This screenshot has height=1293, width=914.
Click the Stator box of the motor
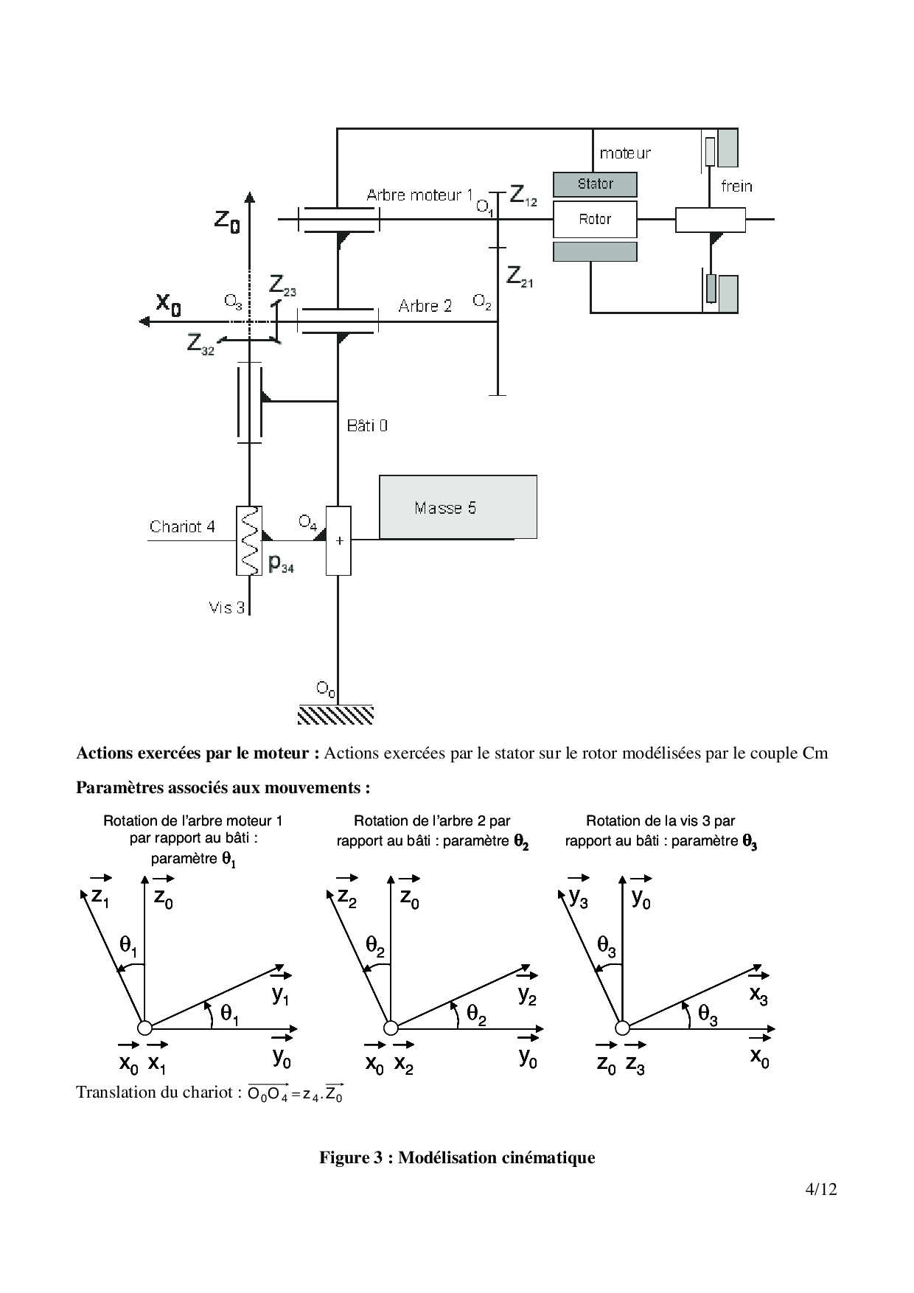coord(595,184)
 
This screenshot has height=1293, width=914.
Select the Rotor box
coord(595,219)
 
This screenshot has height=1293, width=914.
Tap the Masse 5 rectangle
coord(458,507)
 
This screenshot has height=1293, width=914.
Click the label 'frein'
coord(736,186)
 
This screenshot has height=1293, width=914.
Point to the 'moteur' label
coord(625,153)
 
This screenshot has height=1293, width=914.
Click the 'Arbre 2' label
coord(425,306)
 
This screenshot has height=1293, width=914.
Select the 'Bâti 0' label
coord(367,425)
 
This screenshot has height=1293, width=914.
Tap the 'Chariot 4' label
coord(182,526)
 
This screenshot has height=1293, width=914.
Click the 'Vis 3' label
coord(226,607)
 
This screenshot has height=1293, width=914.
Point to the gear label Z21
coord(520,276)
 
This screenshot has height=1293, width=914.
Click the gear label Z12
coord(523,196)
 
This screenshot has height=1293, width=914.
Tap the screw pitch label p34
coord(281,564)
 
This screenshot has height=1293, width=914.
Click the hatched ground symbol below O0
coord(335,714)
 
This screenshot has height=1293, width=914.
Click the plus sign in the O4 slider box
coord(339,541)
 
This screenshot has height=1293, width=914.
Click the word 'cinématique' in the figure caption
coord(548,1157)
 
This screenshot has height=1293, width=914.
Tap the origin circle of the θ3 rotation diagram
coord(623,1028)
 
